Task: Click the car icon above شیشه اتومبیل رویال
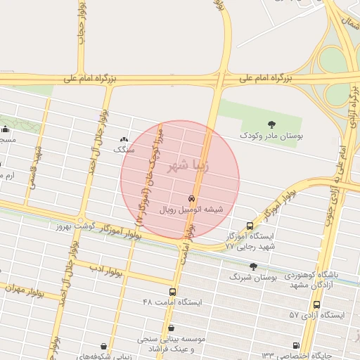click(191, 199)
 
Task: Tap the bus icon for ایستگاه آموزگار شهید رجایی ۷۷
click(250, 226)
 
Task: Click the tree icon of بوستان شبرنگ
click(254, 266)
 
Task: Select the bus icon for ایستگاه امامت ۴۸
click(172, 291)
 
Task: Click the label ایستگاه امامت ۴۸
click(172, 302)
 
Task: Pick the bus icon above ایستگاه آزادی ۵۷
click(317, 304)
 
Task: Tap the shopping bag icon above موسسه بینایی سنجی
click(172, 327)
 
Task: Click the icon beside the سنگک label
click(124, 139)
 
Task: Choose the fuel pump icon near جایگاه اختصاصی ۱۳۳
click(295, 345)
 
